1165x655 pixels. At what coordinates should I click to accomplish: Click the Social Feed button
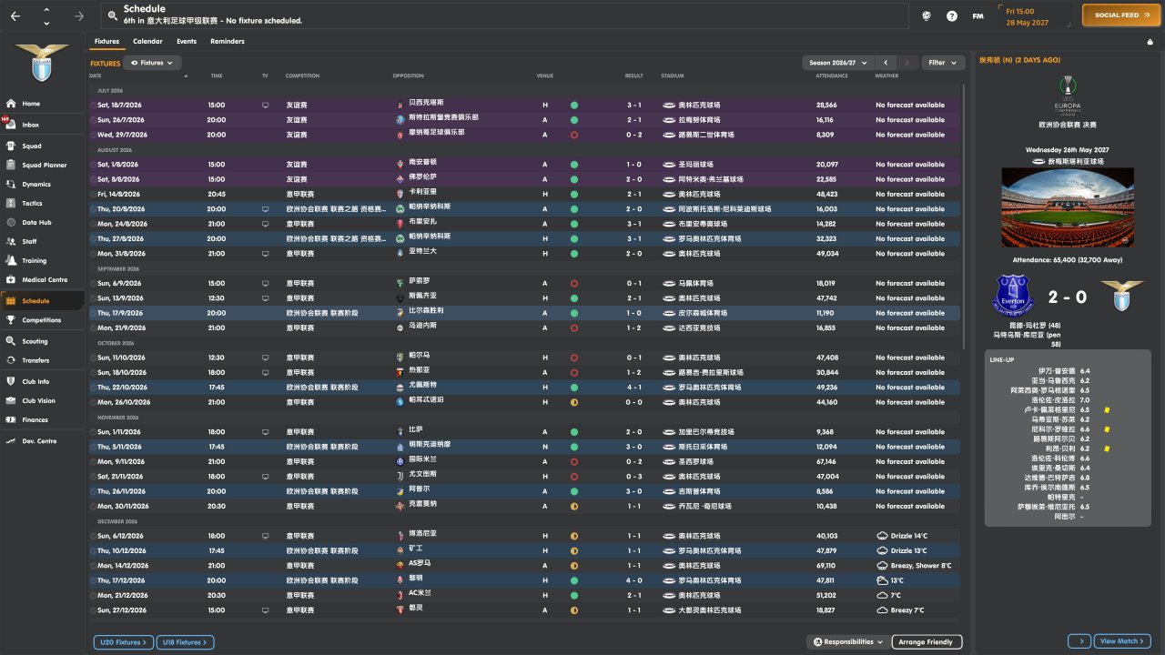click(x=1117, y=15)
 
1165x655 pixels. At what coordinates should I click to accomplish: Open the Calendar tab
click(x=147, y=41)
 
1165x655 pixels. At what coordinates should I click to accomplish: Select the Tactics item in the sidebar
click(x=32, y=203)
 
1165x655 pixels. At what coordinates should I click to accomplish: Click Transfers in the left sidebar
click(x=35, y=360)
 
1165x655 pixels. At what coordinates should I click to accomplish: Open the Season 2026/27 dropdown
click(x=837, y=63)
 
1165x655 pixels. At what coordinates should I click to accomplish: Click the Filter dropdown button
click(x=943, y=63)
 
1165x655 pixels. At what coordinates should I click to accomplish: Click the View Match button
click(x=1122, y=641)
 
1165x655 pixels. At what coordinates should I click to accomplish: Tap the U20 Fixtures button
click(x=122, y=642)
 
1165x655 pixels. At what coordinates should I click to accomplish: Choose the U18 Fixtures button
click(x=185, y=642)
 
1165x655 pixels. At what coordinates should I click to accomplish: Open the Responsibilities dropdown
click(x=847, y=642)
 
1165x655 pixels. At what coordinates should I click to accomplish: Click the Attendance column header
click(x=831, y=76)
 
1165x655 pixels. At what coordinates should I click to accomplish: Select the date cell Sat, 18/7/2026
click(x=120, y=105)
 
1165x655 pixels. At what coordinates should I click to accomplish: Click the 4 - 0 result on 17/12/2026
click(x=633, y=580)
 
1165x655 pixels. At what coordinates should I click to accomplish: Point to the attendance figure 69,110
click(x=826, y=565)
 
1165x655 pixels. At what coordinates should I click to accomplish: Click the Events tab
click(x=187, y=41)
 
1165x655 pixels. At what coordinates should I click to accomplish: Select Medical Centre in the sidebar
click(x=45, y=279)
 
